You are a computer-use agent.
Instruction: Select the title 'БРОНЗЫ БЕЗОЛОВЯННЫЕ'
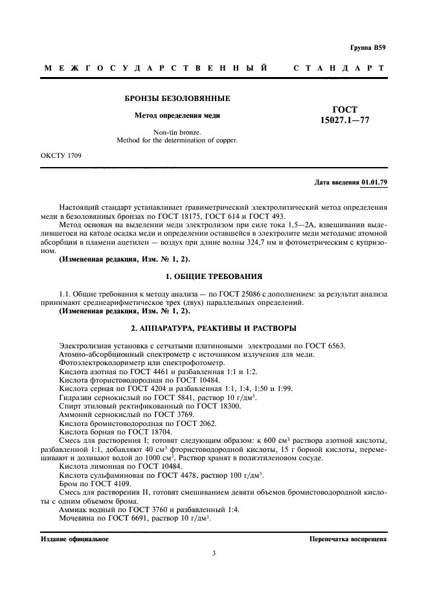tap(177, 99)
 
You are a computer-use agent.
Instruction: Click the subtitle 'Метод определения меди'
tap(177, 116)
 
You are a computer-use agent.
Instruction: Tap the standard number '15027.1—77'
tap(344, 120)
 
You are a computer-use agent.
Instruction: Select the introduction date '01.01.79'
tap(375, 183)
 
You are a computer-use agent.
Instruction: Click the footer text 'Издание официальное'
tap(75, 539)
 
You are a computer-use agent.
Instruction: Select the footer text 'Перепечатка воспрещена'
tap(348, 539)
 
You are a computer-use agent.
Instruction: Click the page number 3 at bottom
tap(214, 554)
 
